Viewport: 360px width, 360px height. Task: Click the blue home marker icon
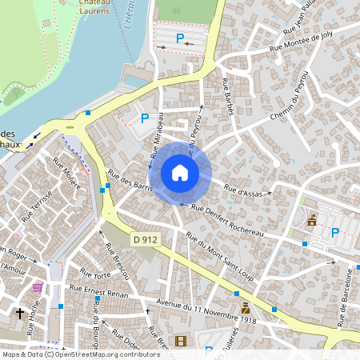point(180,173)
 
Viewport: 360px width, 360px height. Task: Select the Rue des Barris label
point(130,185)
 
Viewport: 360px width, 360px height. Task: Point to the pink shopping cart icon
point(38,287)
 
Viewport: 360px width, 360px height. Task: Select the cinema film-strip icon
point(180,342)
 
